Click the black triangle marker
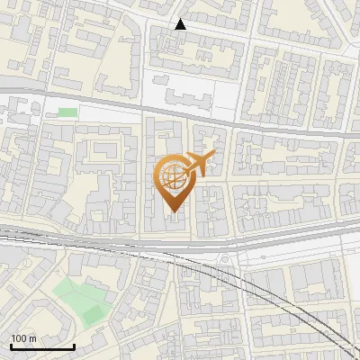coord(181,24)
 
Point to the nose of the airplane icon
coord(214,157)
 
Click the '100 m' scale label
coord(23,338)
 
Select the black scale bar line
coord(42,346)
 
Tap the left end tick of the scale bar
coord(11,346)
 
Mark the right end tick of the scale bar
coord(74,346)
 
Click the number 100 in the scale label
coord(19,338)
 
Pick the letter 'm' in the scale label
coord(32,338)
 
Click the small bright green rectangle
coord(67,112)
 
